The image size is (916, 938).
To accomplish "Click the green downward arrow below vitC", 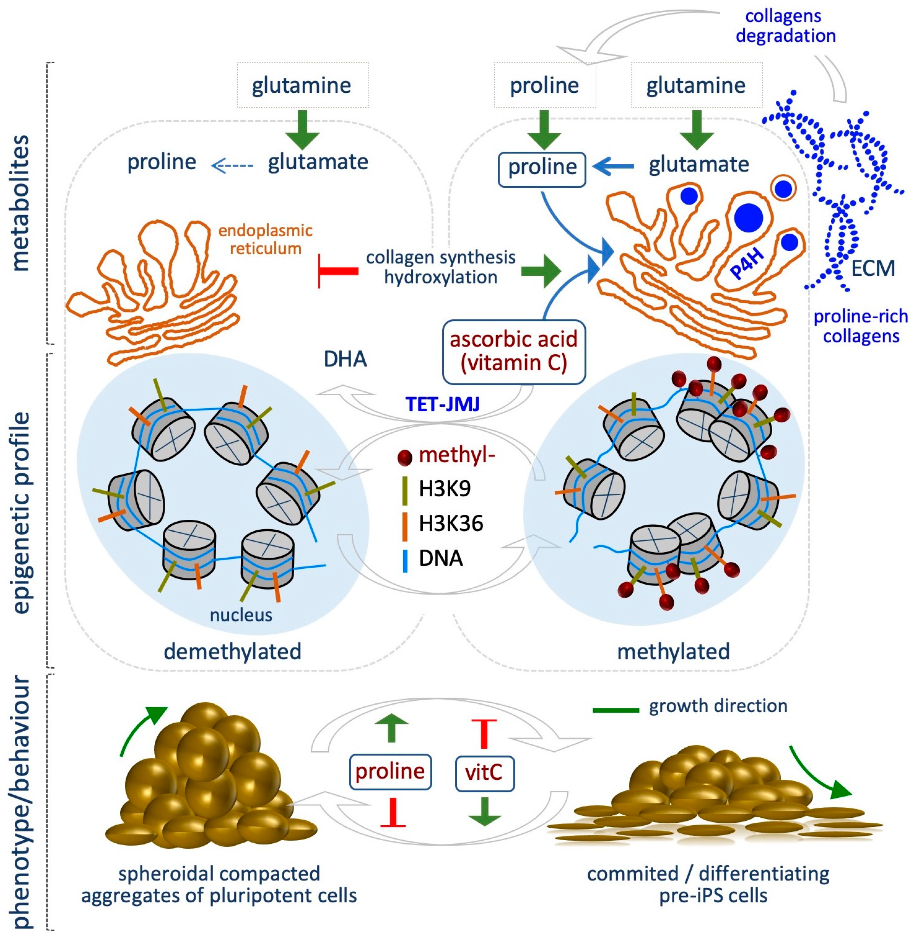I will pos(485,811).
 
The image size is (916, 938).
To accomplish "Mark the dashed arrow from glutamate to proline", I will pos(232,166).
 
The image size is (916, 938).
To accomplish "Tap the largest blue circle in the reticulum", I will pos(749,218).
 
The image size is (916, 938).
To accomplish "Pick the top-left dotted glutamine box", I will pos(302,85).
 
